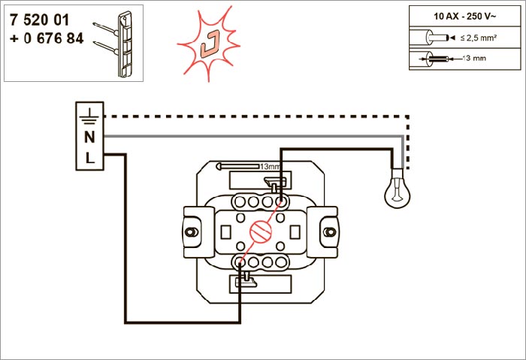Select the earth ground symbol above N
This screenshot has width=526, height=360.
click(89, 115)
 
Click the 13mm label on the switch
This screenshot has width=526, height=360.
click(268, 165)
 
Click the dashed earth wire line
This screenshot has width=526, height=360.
click(255, 116)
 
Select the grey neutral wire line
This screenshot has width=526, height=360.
click(255, 137)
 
